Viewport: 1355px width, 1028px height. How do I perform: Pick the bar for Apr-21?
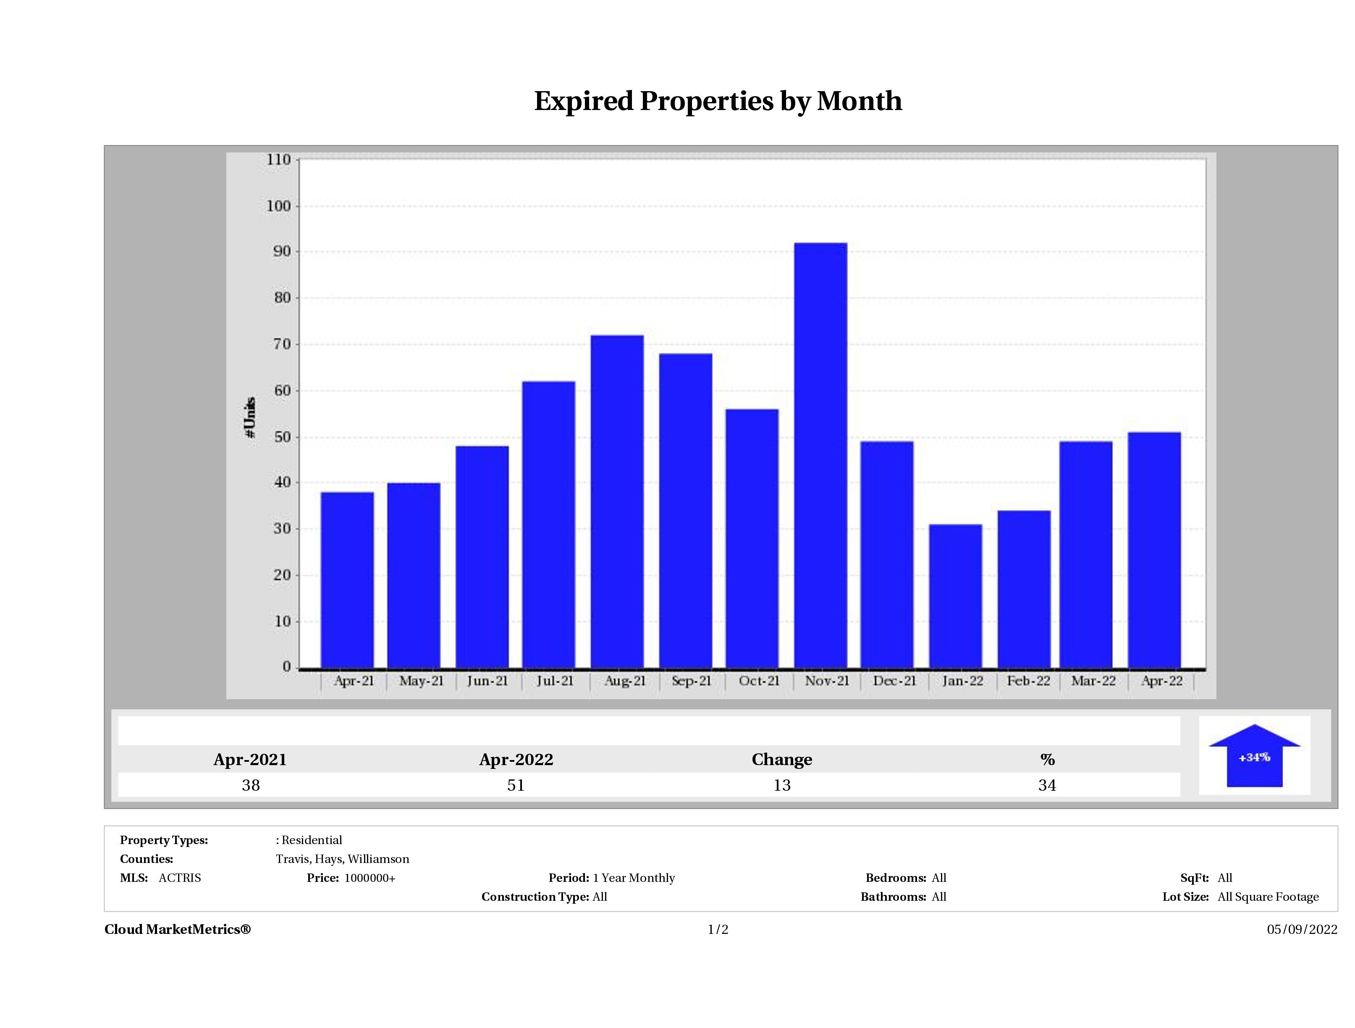[347, 580]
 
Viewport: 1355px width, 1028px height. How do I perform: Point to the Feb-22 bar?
[1024, 589]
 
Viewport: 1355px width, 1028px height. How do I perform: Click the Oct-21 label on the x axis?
[759, 681]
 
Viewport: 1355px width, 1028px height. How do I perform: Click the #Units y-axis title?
[250, 417]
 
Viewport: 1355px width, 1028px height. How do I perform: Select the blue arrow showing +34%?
[1254, 757]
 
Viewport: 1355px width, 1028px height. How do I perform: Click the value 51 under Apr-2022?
[516, 785]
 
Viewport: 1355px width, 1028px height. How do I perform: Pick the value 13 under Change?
[782, 785]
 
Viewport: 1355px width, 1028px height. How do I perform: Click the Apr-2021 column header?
[250, 760]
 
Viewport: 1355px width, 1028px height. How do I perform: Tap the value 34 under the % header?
[1047, 785]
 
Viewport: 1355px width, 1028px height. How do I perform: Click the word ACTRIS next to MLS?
[179, 878]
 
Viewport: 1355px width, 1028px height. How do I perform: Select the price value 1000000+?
[370, 878]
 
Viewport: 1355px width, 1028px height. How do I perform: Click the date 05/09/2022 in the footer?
[1302, 929]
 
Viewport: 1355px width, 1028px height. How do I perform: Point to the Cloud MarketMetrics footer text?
[178, 929]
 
